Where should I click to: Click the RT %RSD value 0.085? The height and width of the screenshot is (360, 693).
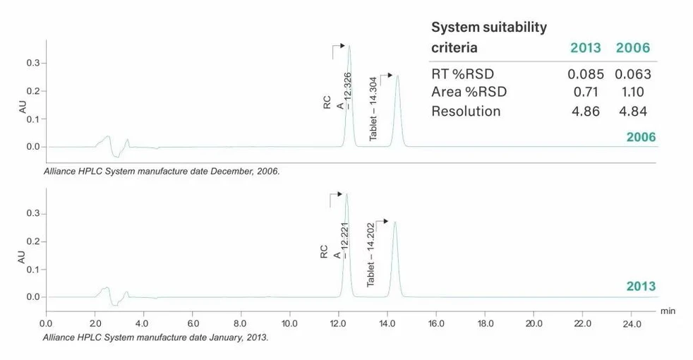[584, 73]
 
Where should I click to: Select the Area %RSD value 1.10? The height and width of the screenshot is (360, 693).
[632, 92]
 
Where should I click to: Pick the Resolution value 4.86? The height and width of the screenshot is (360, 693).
[584, 111]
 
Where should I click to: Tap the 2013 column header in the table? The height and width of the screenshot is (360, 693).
[585, 48]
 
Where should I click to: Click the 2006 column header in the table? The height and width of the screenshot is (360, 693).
[632, 48]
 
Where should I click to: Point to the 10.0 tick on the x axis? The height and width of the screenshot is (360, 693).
[289, 324]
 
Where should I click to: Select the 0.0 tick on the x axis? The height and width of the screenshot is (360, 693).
[46, 324]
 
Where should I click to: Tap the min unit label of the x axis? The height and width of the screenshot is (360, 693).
[667, 310]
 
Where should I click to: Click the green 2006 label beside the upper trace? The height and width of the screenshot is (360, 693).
[641, 137]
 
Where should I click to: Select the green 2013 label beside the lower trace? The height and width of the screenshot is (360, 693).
[641, 287]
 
